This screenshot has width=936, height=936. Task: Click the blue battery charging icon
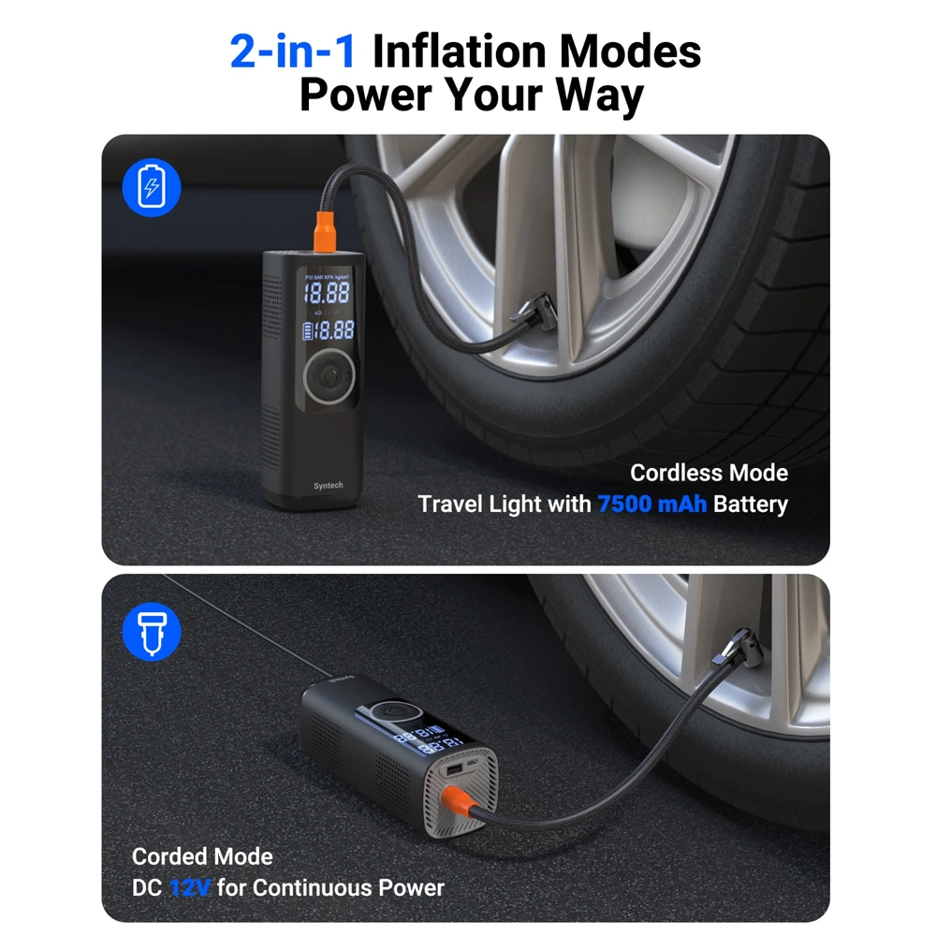151,189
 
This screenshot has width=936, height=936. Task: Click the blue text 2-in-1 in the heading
293,51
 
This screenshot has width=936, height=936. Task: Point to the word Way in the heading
596,95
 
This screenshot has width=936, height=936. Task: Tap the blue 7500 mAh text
652,505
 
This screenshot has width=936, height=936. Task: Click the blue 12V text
190,887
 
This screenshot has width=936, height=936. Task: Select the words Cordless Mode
709,473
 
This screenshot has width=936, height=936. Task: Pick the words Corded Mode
202,856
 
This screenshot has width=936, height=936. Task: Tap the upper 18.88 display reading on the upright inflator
326,293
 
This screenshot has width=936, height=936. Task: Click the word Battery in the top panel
750,505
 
